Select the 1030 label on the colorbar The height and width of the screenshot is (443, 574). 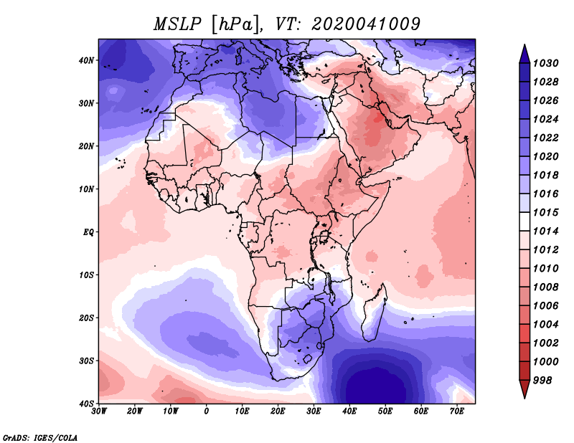click(547, 63)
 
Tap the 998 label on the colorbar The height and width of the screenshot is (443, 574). click(543, 380)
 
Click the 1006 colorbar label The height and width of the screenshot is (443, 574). click(547, 305)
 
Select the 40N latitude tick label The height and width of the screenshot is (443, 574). click(86, 60)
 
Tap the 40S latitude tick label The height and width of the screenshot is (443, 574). click(86, 404)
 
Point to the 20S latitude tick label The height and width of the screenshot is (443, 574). click(86, 318)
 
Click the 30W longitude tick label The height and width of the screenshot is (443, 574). click(99, 411)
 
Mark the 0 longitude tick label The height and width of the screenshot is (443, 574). click(207, 411)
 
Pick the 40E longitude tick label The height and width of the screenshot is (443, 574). click(349, 411)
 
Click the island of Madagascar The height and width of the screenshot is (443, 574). click(375, 312)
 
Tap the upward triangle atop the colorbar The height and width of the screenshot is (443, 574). click(524, 52)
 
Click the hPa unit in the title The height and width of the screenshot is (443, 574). click(234, 24)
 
